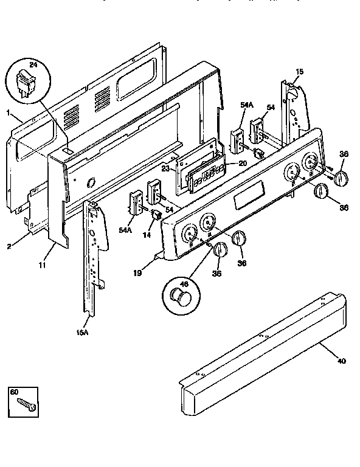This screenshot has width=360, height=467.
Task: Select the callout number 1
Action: click(x=8, y=114)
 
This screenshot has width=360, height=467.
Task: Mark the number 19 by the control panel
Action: click(x=138, y=274)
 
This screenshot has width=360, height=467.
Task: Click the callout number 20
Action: click(x=242, y=163)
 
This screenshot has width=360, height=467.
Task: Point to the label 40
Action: click(x=341, y=361)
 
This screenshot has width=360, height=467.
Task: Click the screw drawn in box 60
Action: click(x=27, y=402)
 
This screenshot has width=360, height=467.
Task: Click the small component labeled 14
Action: click(x=156, y=215)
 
